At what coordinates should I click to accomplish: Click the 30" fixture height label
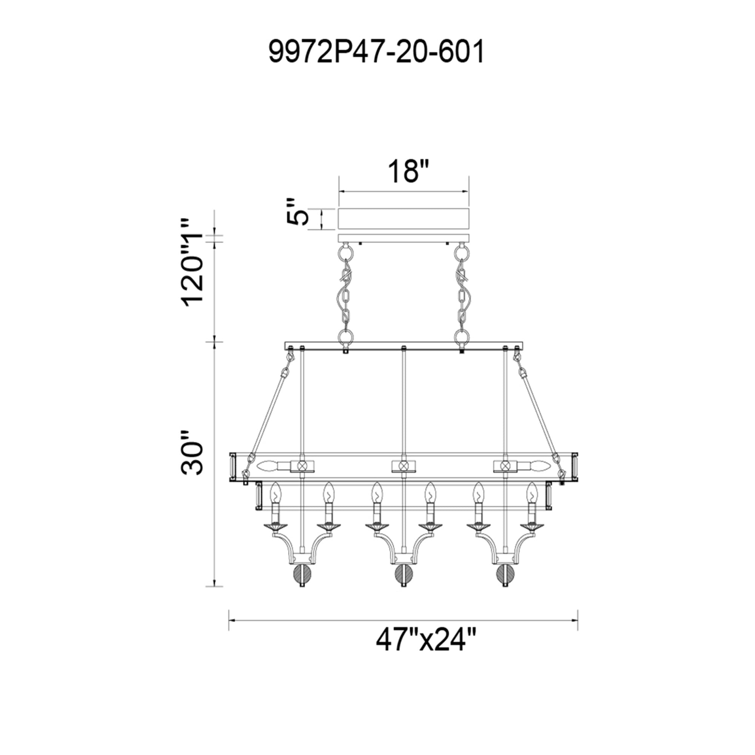192,453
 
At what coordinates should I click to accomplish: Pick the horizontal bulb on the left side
268,466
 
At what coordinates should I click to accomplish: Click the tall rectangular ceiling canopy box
404,219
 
